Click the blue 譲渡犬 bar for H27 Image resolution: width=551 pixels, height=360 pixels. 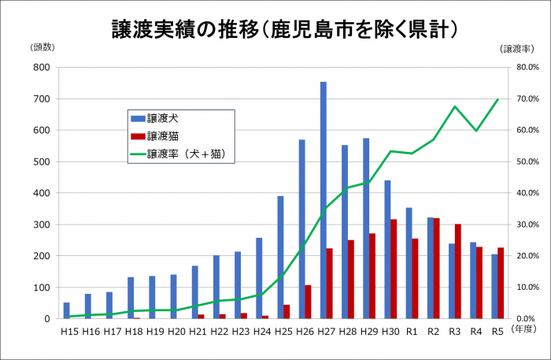click(x=324, y=200)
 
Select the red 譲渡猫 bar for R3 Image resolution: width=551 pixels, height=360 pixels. click(x=457, y=271)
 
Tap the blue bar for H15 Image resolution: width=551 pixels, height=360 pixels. click(x=67, y=310)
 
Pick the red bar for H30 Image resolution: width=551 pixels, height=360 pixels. click(x=393, y=269)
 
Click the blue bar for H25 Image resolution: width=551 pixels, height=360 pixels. click(x=280, y=257)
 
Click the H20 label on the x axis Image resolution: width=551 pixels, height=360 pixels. click(x=177, y=332)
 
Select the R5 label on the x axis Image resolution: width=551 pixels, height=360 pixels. click(x=497, y=332)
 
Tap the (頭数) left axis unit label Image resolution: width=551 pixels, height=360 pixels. click(x=43, y=47)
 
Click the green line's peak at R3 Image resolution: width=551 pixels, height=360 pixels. click(x=455, y=106)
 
